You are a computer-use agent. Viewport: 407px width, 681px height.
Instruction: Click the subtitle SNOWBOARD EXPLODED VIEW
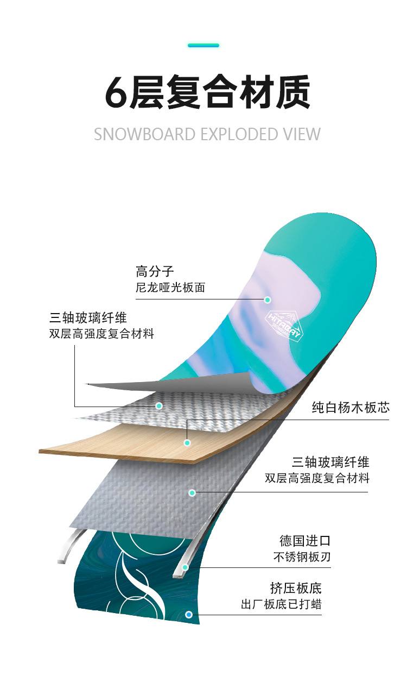pos(207,134)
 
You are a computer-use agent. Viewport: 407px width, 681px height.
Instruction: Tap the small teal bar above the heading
pos(203,45)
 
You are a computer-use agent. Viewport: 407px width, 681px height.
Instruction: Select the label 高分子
pos(155,271)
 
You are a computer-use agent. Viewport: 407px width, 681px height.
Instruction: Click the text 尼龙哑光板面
pos(170,288)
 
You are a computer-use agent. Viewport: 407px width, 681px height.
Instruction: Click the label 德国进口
pos(305,541)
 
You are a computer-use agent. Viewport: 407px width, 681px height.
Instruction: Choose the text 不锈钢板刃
pos(302,557)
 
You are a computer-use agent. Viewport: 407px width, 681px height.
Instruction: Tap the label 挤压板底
pos(296,588)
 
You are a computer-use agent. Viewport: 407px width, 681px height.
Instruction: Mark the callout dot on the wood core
pos(187,443)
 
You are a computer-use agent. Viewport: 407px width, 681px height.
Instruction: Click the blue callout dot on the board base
pos(189,615)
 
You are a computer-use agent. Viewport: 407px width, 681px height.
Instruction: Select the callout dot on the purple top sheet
pos(268,299)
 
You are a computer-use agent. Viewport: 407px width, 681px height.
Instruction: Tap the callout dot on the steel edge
pos(185,567)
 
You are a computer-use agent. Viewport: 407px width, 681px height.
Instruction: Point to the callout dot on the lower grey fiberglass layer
pos(192,493)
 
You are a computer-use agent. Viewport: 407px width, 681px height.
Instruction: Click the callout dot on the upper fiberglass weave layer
pos(159,406)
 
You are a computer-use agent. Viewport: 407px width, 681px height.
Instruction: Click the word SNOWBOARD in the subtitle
pos(144,134)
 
